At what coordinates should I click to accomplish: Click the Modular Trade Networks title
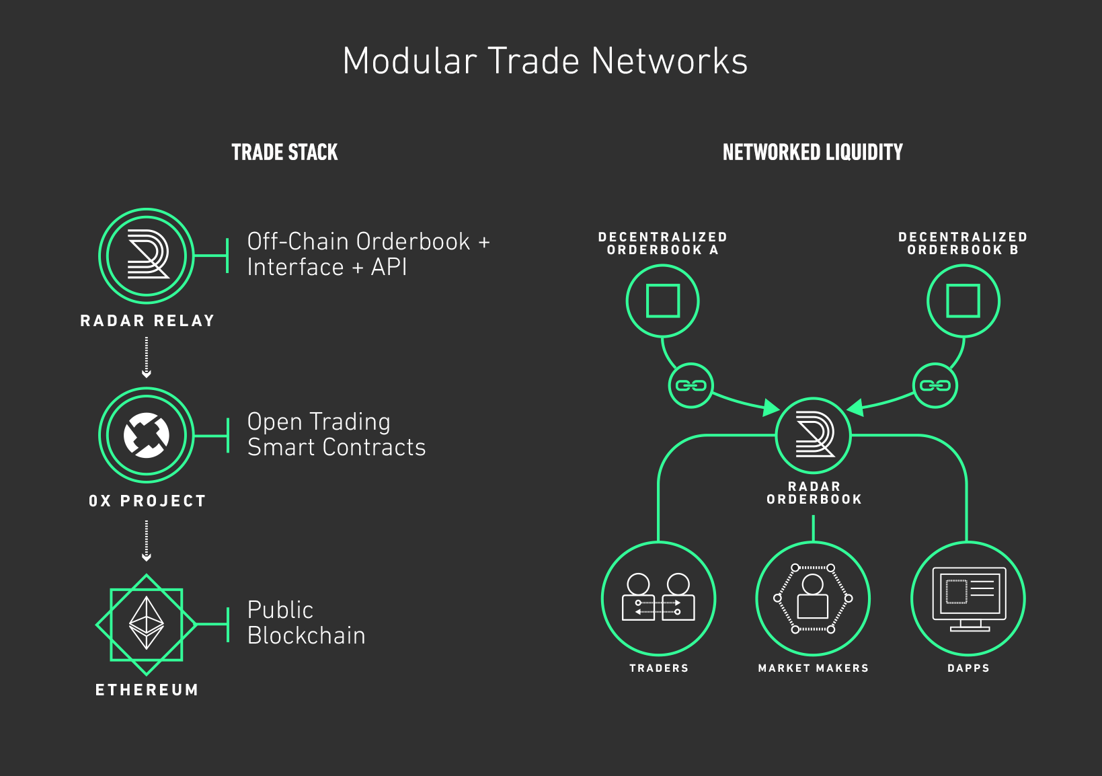[x=545, y=61]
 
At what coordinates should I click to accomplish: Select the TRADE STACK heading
[x=284, y=153]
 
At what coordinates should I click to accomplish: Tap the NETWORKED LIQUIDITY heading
[x=812, y=153]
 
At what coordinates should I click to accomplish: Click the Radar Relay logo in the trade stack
[x=147, y=256]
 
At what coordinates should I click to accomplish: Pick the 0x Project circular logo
[x=147, y=435]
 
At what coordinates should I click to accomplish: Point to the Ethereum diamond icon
[x=147, y=625]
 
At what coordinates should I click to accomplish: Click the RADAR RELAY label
[x=147, y=321]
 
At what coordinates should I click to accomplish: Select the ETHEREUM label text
[x=147, y=690]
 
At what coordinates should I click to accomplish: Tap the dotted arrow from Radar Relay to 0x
[x=147, y=357]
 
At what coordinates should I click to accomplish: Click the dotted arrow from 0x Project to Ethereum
[x=147, y=541]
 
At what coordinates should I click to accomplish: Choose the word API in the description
[x=389, y=268]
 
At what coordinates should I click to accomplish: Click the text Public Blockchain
[x=306, y=623]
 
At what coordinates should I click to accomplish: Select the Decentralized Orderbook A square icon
[x=663, y=301]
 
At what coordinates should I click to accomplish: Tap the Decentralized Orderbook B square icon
[x=963, y=301]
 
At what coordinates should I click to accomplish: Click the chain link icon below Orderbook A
[x=691, y=385]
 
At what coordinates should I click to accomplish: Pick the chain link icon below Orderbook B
[x=935, y=385]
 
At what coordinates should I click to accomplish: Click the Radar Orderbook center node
[x=814, y=435]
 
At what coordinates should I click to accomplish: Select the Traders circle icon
[x=659, y=598]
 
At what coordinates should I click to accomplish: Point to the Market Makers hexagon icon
[x=813, y=598]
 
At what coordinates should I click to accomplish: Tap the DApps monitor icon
[x=968, y=598]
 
